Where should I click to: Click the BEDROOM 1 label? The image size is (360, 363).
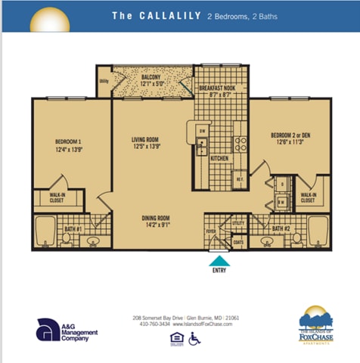coord(68,141)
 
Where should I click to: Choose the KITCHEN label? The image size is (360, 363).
coord(219,159)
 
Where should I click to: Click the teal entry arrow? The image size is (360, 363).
coord(219,260)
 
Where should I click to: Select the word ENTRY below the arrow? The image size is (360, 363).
coord(219,270)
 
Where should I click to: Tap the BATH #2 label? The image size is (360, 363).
coord(281,228)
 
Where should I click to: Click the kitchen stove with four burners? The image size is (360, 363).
coord(240,142)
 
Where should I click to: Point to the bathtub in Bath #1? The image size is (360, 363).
coord(45,231)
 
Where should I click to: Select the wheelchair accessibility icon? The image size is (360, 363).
coord(194,338)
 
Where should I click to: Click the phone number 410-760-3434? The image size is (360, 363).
coord(155,324)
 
